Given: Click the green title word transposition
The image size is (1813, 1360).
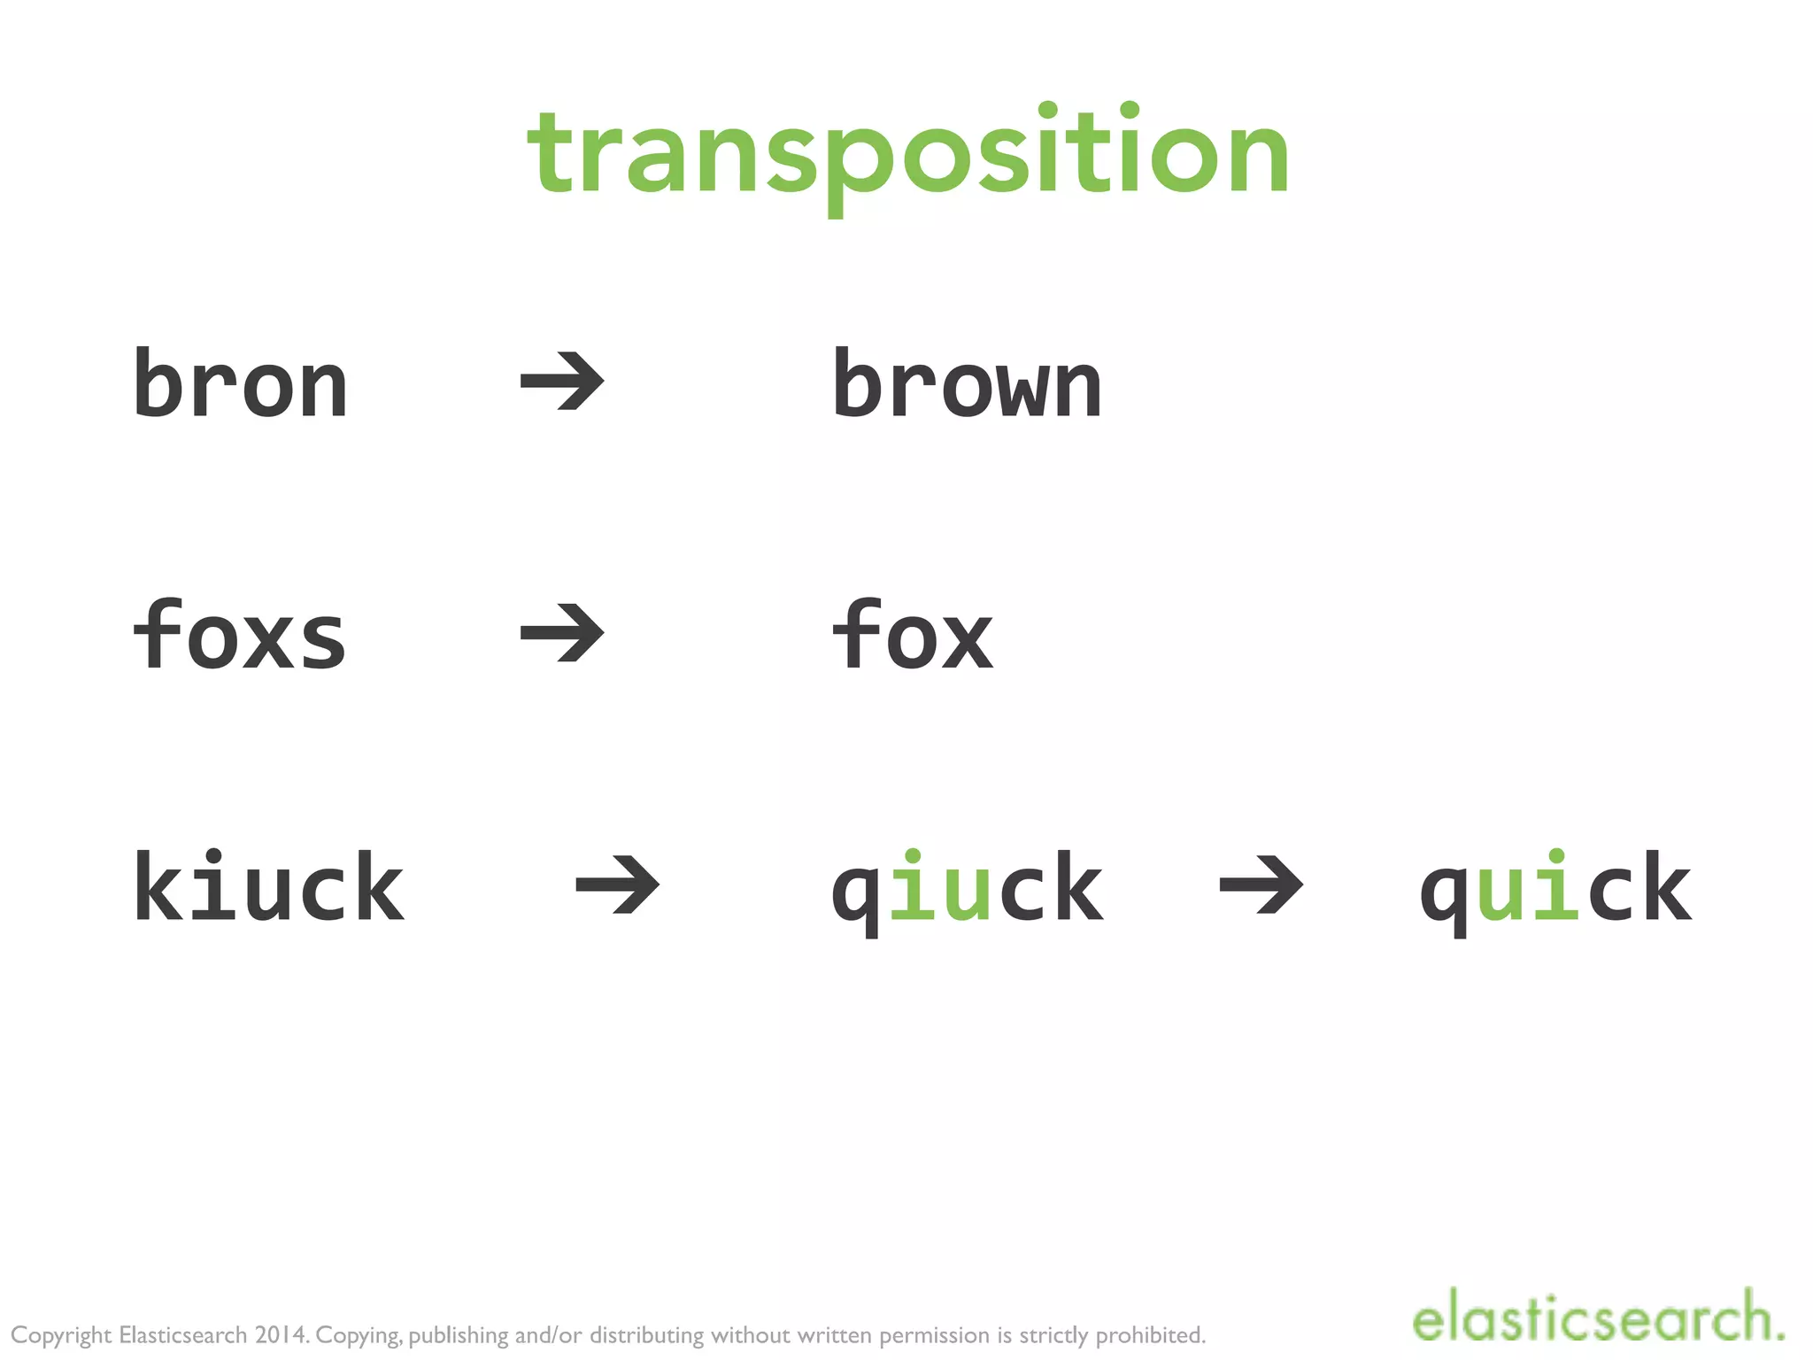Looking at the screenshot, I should [908, 155].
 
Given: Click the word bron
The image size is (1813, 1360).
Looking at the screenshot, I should [240, 383].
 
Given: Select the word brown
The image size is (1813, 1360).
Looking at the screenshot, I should [967, 383].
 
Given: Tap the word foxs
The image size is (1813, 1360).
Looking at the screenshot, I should [239, 635].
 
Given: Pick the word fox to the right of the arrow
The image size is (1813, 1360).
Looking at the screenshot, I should [912, 635].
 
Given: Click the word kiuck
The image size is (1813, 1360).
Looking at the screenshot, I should [268, 887].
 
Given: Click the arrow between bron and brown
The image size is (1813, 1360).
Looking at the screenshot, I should [562, 382].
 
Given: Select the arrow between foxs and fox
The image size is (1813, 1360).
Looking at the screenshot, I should [562, 633].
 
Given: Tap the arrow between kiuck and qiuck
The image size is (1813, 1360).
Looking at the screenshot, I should [617, 884].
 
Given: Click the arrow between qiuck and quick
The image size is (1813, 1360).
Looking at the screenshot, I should [1261, 884].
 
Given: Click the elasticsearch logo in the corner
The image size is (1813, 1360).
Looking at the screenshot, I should [1597, 1317].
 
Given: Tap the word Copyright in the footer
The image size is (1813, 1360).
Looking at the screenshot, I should [61, 1335].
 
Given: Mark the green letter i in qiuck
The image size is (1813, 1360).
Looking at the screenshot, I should [912, 887].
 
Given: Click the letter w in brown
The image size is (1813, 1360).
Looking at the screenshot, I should [1022, 390].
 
